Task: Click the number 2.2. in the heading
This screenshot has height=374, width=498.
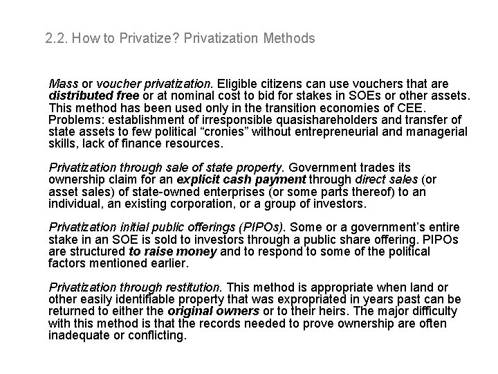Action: click(x=55, y=39)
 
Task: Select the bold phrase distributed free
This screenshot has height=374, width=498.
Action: click(x=93, y=95)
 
